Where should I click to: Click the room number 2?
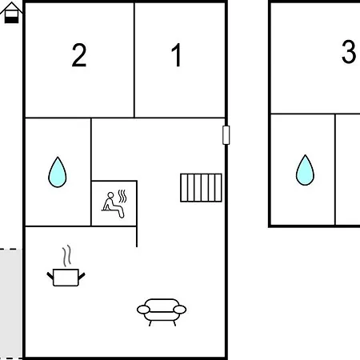click(x=79, y=55)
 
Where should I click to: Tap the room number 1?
click(x=177, y=54)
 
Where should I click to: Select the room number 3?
click(x=349, y=52)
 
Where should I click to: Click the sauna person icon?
click(x=114, y=205)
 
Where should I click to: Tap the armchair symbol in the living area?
click(x=162, y=312)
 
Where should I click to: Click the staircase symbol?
click(x=201, y=188)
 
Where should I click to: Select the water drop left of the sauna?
click(x=58, y=173)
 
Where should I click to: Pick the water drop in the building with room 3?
click(x=305, y=170)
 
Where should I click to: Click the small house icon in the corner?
click(x=11, y=13)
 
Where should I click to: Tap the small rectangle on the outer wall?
click(x=226, y=135)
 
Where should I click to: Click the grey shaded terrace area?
click(x=11, y=304)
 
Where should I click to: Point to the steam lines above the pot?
click(x=67, y=256)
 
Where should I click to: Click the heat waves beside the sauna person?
click(x=122, y=196)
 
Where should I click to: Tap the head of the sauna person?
click(x=110, y=195)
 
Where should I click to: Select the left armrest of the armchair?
click(x=143, y=310)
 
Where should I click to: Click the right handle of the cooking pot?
click(x=82, y=276)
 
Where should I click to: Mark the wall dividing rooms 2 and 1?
click(x=134, y=60)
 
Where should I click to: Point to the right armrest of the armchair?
click(x=180, y=310)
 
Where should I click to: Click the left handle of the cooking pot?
click(x=50, y=276)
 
